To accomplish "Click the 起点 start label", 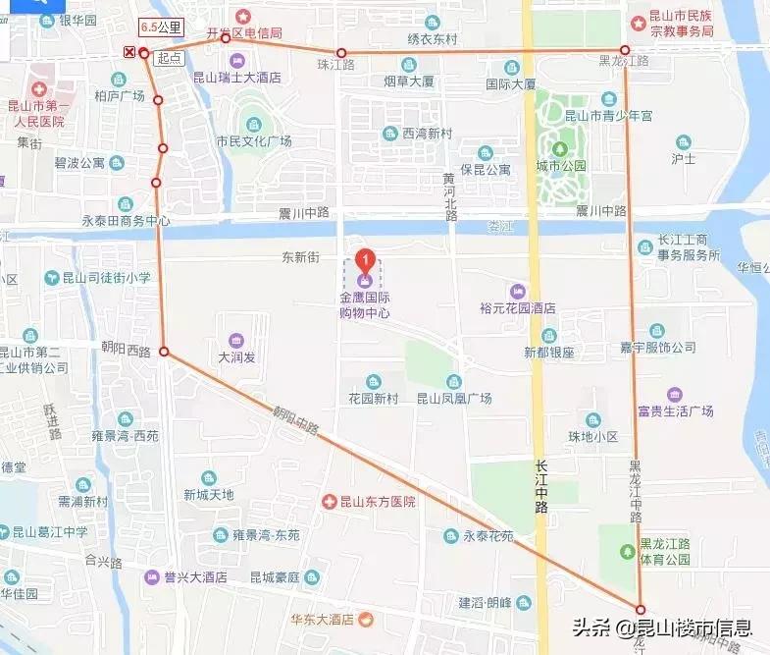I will tap(169, 58).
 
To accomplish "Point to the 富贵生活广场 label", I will tap(675, 409).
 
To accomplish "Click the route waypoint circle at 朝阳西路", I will tap(164, 352).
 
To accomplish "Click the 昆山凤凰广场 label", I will tap(454, 398).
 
